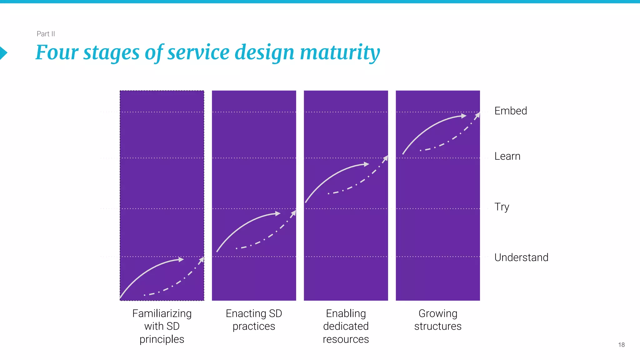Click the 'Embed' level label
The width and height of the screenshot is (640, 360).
510,111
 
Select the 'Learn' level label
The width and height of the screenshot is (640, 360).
507,156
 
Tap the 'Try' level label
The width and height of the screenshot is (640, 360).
502,207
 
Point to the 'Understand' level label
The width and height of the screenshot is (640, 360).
521,257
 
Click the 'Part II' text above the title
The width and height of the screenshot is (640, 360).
46,34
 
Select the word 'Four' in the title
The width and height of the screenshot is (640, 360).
57,52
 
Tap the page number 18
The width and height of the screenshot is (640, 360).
621,345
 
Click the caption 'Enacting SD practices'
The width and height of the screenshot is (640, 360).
254,320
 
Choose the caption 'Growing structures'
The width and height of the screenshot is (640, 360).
437,320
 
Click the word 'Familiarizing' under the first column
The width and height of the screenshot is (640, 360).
162,313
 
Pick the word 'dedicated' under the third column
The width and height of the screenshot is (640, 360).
346,326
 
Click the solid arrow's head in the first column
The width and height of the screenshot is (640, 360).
181,259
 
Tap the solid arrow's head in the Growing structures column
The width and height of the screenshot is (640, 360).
464,116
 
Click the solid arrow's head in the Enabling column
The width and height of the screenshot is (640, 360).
367,164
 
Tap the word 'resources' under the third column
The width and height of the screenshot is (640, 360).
346,339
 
